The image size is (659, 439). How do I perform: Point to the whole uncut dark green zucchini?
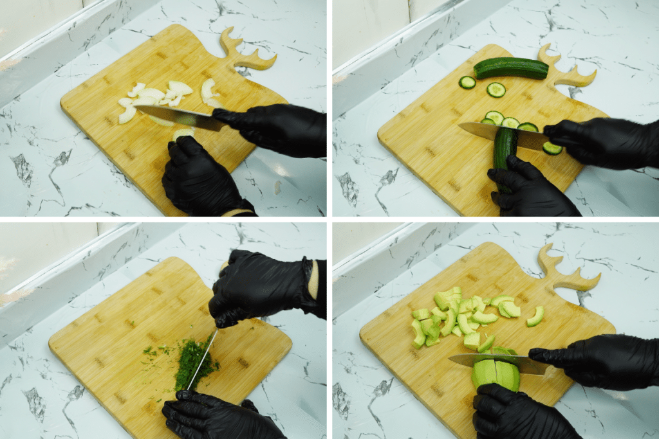tap(511, 68)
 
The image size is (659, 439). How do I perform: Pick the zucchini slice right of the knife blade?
tap(552, 148)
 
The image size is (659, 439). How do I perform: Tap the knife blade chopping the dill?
tap(201, 360)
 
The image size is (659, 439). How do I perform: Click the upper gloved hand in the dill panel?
tap(264, 286)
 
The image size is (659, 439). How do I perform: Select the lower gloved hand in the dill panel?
tap(216, 415)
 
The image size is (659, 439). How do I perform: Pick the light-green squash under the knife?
tap(496, 376)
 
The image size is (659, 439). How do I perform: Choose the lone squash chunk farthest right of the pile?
tap(535, 316)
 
